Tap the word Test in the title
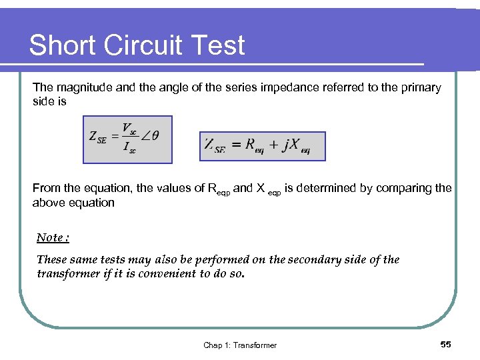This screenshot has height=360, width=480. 219,45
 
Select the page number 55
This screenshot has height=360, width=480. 446,344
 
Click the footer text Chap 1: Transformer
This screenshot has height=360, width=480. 240,345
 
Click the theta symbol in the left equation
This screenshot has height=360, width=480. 155,135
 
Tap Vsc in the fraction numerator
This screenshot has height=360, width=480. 129,128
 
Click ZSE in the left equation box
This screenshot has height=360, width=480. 97,137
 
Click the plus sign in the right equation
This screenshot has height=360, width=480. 273,145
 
